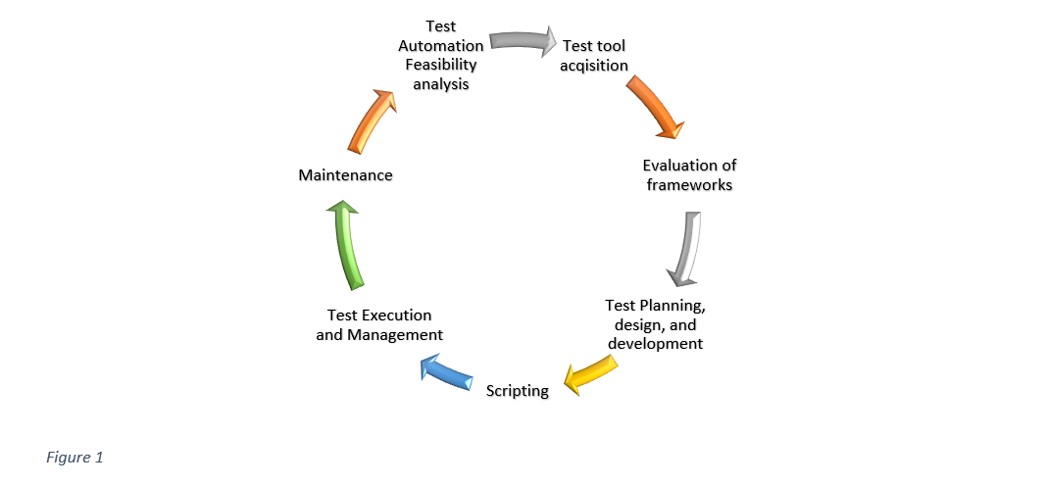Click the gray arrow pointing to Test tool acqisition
click(x=522, y=41)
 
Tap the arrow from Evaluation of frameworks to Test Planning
click(x=684, y=251)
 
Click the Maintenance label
click(x=345, y=175)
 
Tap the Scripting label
click(x=518, y=391)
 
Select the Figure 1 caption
click(x=75, y=457)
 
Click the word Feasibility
click(x=440, y=65)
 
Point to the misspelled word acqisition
click(x=594, y=66)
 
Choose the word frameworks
click(x=689, y=184)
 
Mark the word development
click(x=655, y=344)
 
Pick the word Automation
click(x=440, y=45)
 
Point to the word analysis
click(x=440, y=84)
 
